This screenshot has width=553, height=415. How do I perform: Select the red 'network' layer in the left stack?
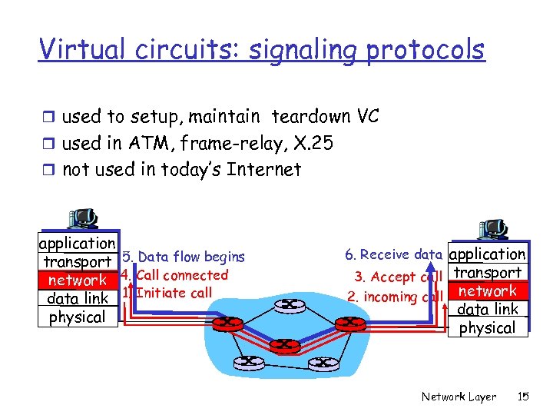click(78, 281)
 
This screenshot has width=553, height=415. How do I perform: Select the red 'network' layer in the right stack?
click(488, 291)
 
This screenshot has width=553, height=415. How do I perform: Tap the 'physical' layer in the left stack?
click(78, 317)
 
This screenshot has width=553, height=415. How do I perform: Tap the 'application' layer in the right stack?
click(488, 254)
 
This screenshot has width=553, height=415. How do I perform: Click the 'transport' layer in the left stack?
click(78, 262)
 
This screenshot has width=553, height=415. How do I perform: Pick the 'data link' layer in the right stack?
click(488, 310)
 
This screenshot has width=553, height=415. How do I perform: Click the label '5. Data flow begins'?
click(184, 257)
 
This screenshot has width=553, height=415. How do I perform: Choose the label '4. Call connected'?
click(175, 274)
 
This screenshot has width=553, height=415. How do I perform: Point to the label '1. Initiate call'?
click(167, 292)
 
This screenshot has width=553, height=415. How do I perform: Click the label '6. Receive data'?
click(393, 254)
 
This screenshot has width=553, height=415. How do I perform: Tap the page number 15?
click(524, 397)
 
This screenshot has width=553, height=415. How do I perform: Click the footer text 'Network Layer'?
click(459, 397)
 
